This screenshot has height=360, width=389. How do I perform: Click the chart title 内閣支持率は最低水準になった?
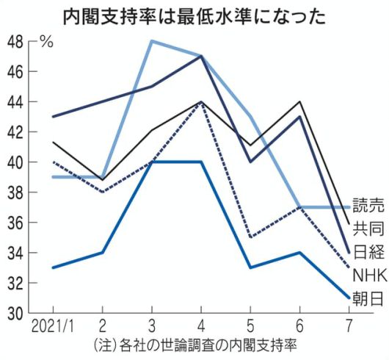[194, 16]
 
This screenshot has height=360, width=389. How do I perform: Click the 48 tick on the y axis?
[15, 41]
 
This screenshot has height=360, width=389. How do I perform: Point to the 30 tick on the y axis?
[15, 314]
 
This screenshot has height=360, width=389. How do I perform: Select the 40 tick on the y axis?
[15, 162]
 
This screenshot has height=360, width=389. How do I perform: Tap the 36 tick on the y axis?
[15, 223]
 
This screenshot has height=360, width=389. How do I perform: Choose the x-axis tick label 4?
[200, 325]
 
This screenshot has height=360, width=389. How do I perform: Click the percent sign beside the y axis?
[47, 41]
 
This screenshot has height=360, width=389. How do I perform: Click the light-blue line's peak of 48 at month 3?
[151, 41]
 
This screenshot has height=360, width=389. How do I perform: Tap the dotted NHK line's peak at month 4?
[201, 102]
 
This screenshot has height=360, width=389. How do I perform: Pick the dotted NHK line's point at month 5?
[251, 238]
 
